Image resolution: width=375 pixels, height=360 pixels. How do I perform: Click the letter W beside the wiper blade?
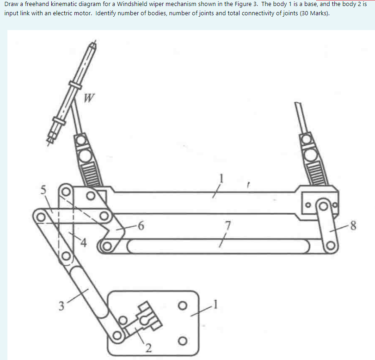pos(90,99)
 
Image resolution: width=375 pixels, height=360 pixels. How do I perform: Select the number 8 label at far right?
pos(354,226)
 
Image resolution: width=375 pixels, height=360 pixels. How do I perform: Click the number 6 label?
pos(141,226)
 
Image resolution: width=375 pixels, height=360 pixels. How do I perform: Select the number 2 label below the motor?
pos(149,348)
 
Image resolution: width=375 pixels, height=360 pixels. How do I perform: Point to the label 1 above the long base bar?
pos(221,176)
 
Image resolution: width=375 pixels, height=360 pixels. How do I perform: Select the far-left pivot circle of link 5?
pos(41,215)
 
